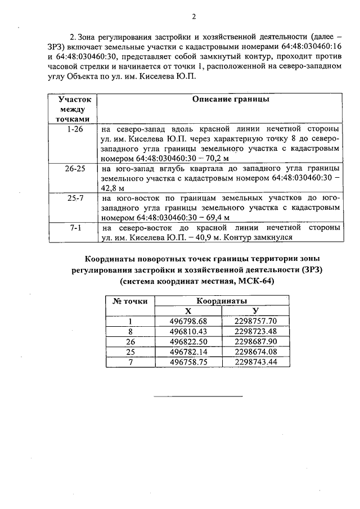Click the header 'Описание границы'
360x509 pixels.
pos(223,100)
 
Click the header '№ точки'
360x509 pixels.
pos(130,301)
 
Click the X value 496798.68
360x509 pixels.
pos(188,321)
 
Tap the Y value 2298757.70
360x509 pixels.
pos(256,321)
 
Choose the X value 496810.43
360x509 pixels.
pos(188,331)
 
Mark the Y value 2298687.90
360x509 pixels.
pos(256,341)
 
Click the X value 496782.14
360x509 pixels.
pos(188,352)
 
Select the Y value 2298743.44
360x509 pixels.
pos(256,362)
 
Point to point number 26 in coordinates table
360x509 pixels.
pos(130,341)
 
